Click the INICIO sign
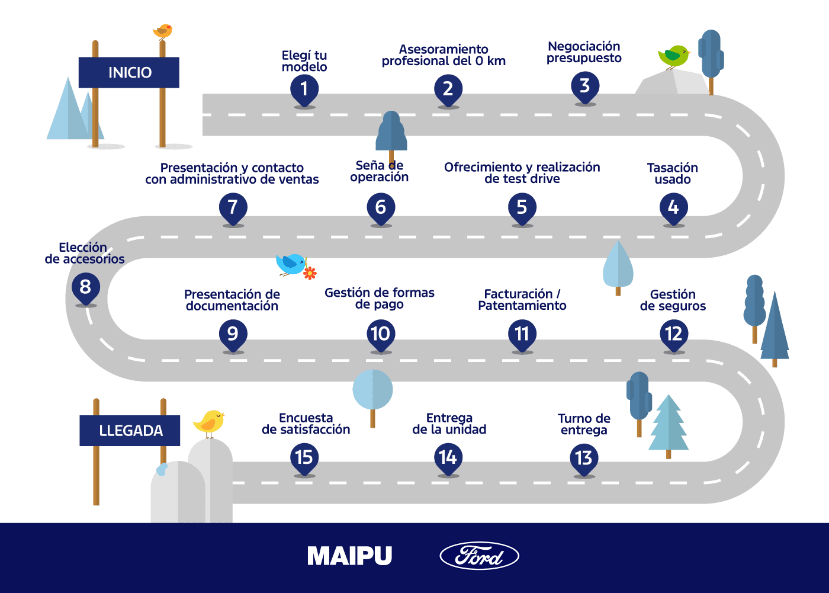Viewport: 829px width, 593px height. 129,72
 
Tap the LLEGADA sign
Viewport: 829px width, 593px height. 130,431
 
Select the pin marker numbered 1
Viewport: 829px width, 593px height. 304,90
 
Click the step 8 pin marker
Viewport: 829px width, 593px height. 86,288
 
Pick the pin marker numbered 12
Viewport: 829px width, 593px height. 674,335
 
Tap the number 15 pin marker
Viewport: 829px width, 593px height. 304,458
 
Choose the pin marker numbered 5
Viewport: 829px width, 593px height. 522,208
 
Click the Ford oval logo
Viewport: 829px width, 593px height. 479,556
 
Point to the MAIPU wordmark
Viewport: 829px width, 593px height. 350,556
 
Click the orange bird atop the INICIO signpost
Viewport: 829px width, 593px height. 162,31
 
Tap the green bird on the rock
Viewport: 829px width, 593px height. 673,56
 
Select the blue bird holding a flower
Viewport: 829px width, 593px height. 291,264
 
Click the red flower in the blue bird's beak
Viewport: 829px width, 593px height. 310,273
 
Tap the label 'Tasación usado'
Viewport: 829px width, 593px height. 673,174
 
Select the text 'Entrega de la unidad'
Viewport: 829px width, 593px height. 449,424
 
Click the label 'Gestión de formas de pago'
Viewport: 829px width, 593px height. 380,299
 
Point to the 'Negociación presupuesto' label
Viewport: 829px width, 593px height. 584,52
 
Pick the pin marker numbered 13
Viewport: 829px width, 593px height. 584,459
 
